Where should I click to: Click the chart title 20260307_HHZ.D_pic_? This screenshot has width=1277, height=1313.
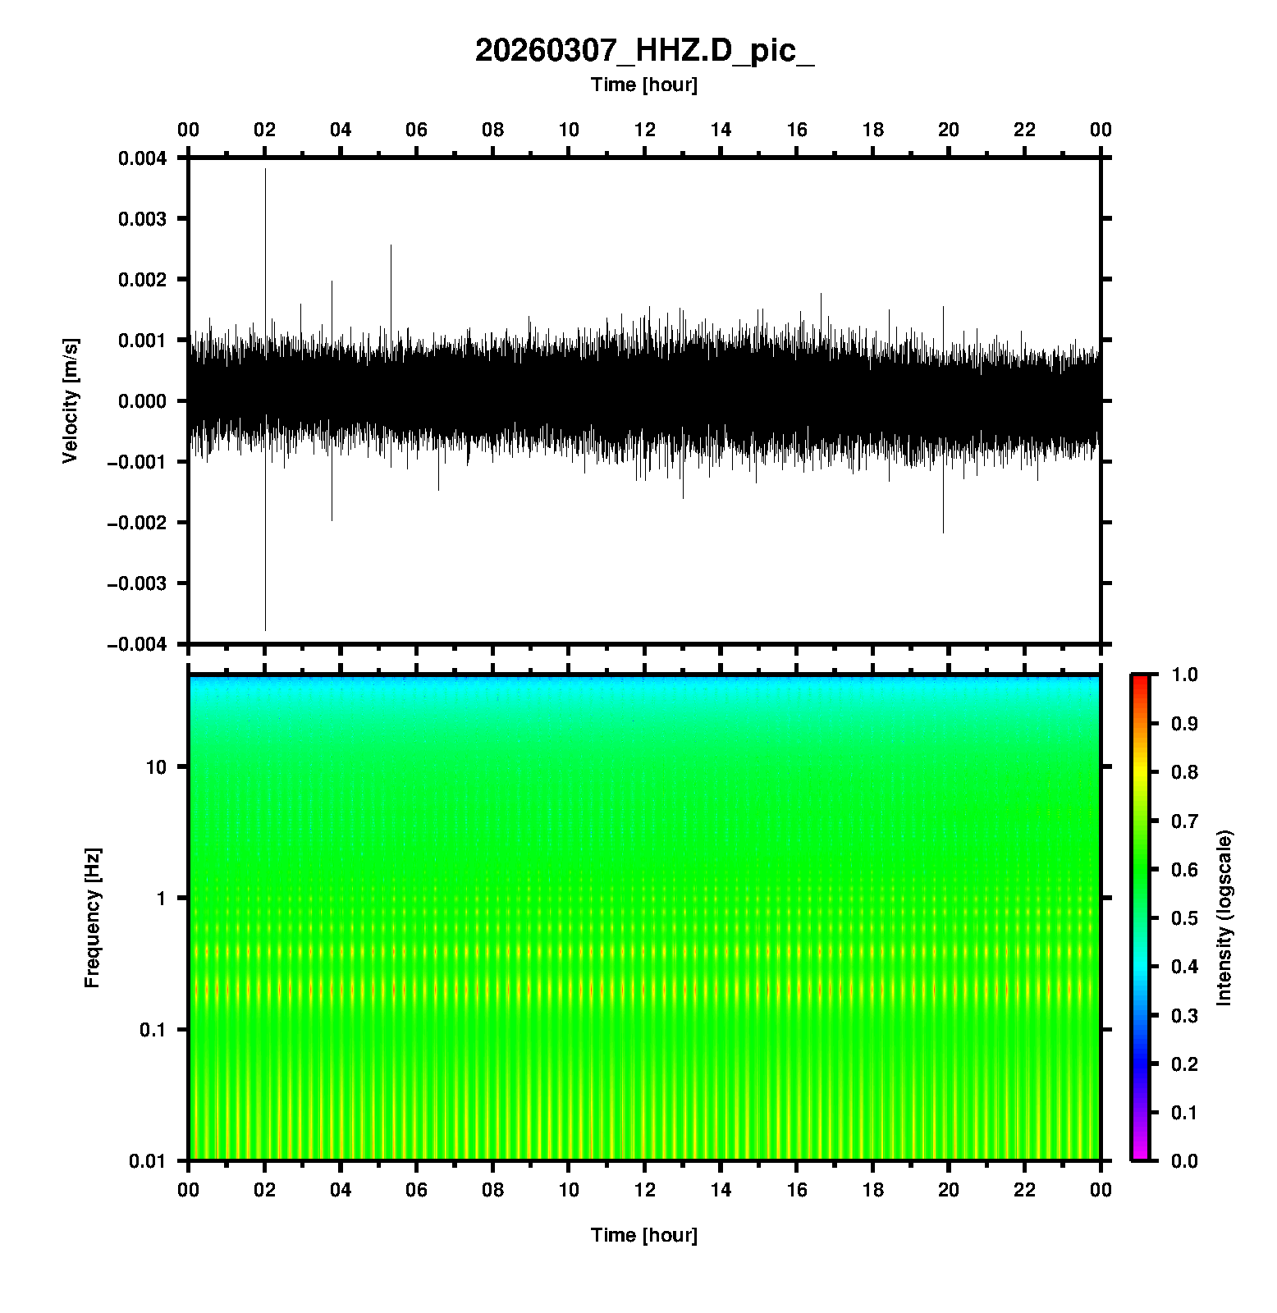point(644,51)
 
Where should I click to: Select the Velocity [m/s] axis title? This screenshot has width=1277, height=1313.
point(71,400)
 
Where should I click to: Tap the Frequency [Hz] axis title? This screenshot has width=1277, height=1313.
point(92,918)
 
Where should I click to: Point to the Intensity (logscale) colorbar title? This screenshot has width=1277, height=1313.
point(1224,917)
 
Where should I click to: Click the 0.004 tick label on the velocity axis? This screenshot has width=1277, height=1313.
point(142,158)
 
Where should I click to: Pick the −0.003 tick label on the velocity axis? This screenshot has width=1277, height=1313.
point(136,583)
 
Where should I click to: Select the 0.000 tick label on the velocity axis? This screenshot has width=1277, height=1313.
point(142,401)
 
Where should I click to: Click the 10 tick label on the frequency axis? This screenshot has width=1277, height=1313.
point(156,767)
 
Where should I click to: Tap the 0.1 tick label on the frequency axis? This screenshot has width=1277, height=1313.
point(152,1030)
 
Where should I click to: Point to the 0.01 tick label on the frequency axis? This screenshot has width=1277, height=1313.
point(148,1161)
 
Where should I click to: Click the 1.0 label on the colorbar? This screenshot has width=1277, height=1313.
point(1185,675)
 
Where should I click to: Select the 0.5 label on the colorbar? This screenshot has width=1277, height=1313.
point(1185,917)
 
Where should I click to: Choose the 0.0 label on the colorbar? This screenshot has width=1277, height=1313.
point(1185,1160)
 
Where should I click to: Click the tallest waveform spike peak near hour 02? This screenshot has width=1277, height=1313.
point(265,169)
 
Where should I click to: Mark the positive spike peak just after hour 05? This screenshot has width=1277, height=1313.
point(391,245)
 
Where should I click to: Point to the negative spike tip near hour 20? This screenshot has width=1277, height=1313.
point(943,533)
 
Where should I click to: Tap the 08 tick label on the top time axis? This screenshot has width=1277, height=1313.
point(492,130)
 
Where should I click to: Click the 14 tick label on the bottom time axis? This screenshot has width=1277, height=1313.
point(721,1190)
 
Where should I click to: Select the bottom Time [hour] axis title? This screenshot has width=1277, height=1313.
point(644,1235)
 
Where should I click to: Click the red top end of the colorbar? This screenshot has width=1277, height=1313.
point(1140,679)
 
